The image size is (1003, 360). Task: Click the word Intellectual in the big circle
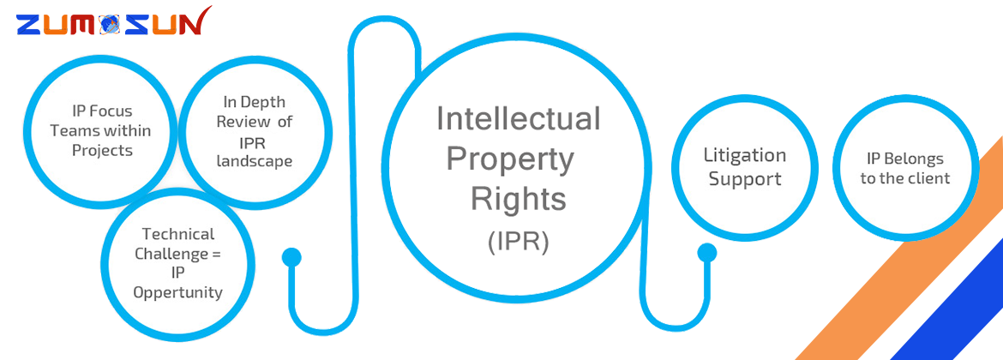point(519,118)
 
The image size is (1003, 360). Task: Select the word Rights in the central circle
point(518,199)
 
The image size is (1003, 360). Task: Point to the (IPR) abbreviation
point(518,241)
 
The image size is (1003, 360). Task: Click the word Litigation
point(744,155)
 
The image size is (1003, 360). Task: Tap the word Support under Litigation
point(744,179)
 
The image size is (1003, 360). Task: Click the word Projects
point(101,150)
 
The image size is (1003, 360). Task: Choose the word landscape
point(254,160)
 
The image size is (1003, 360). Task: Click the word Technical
point(178,233)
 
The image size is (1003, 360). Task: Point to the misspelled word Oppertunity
point(178,292)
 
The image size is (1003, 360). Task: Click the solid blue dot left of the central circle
point(291,256)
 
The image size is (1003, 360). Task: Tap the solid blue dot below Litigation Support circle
point(707,253)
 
